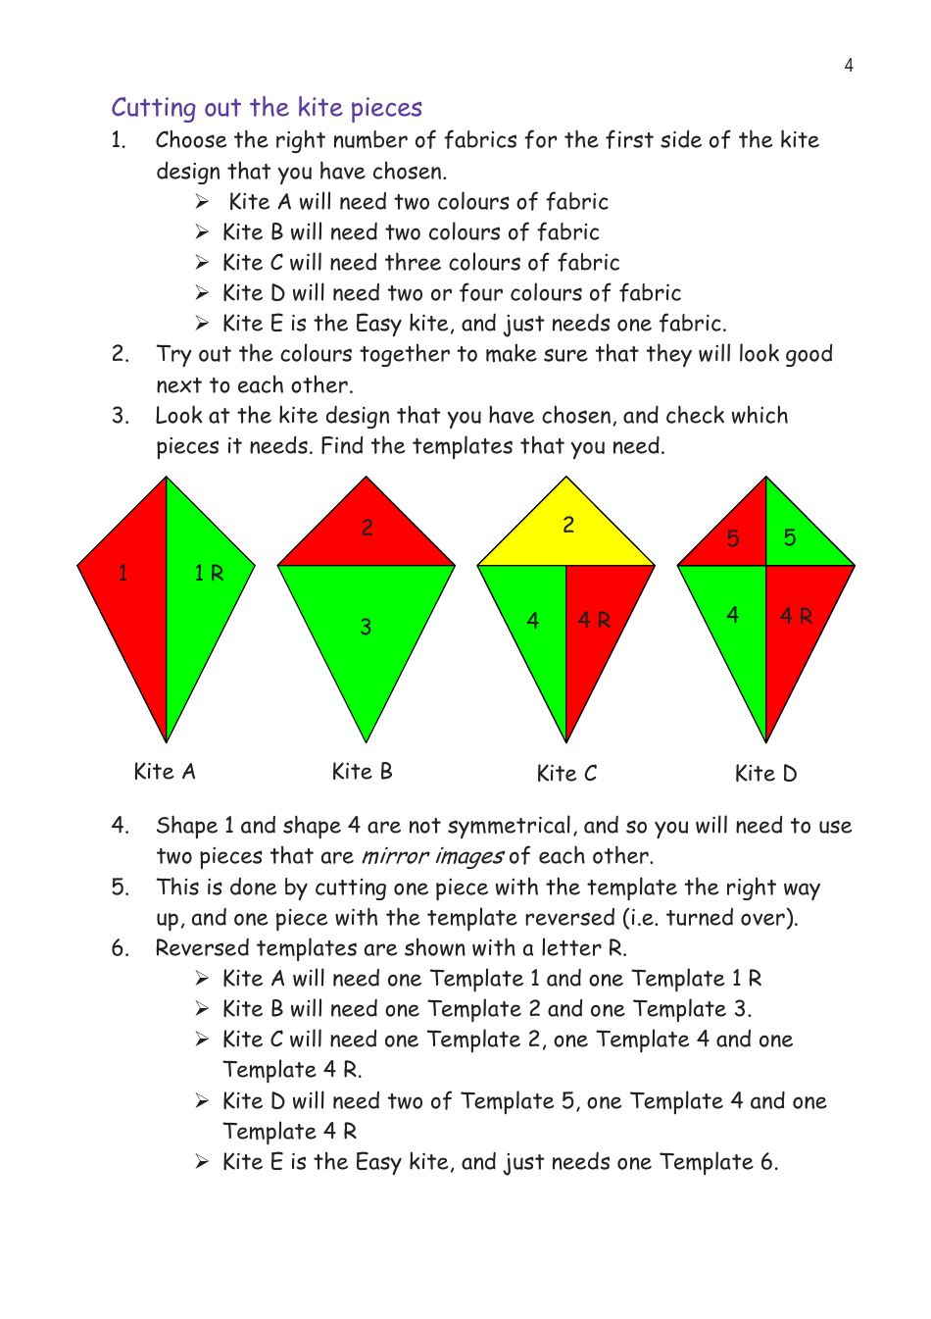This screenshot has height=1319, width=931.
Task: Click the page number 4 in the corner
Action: click(849, 66)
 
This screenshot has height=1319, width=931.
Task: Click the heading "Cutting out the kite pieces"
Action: click(267, 107)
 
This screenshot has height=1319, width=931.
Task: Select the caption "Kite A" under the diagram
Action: click(165, 772)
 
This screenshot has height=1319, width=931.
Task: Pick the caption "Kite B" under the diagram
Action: click(362, 772)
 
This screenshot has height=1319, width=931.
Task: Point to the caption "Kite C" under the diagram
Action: click(566, 774)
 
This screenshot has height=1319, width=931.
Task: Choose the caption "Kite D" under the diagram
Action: click(765, 774)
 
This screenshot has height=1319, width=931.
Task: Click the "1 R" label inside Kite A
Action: click(209, 573)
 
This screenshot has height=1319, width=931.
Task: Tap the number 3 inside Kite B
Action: click(366, 627)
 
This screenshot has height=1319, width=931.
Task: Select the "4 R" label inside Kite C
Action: click(594, 620)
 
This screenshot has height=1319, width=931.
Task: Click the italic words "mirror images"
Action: click(432, 856)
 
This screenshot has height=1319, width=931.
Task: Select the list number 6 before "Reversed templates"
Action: click(120, 948)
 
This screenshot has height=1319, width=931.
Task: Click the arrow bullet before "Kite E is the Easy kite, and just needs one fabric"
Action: click(202, 324)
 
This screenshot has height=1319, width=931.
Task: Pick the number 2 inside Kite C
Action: click(568, 525)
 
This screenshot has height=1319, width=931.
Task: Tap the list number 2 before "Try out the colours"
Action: click(120, 354)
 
